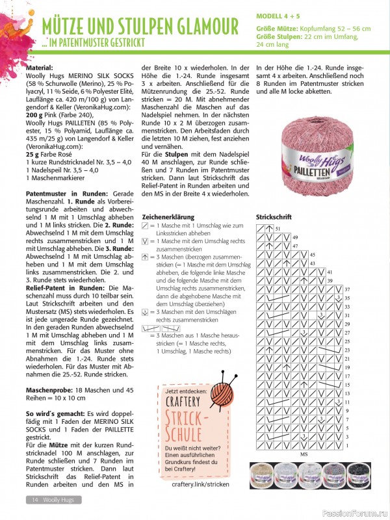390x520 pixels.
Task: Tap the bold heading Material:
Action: [x=44, y=68]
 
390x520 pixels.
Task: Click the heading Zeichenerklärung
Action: [x=168, y=215]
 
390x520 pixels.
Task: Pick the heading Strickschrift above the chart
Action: [x=274, y=216]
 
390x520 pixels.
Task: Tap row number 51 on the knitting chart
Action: [x=278, y=229]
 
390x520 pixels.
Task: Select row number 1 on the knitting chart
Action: [x=347, y=446]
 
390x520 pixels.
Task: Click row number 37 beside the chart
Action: [x=347, y=289]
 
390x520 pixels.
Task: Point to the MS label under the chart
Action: [x=303, y=455]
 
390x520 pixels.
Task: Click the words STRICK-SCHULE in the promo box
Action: [x=189, y=424]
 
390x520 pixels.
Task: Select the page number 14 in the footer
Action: [x=33, y=499]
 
